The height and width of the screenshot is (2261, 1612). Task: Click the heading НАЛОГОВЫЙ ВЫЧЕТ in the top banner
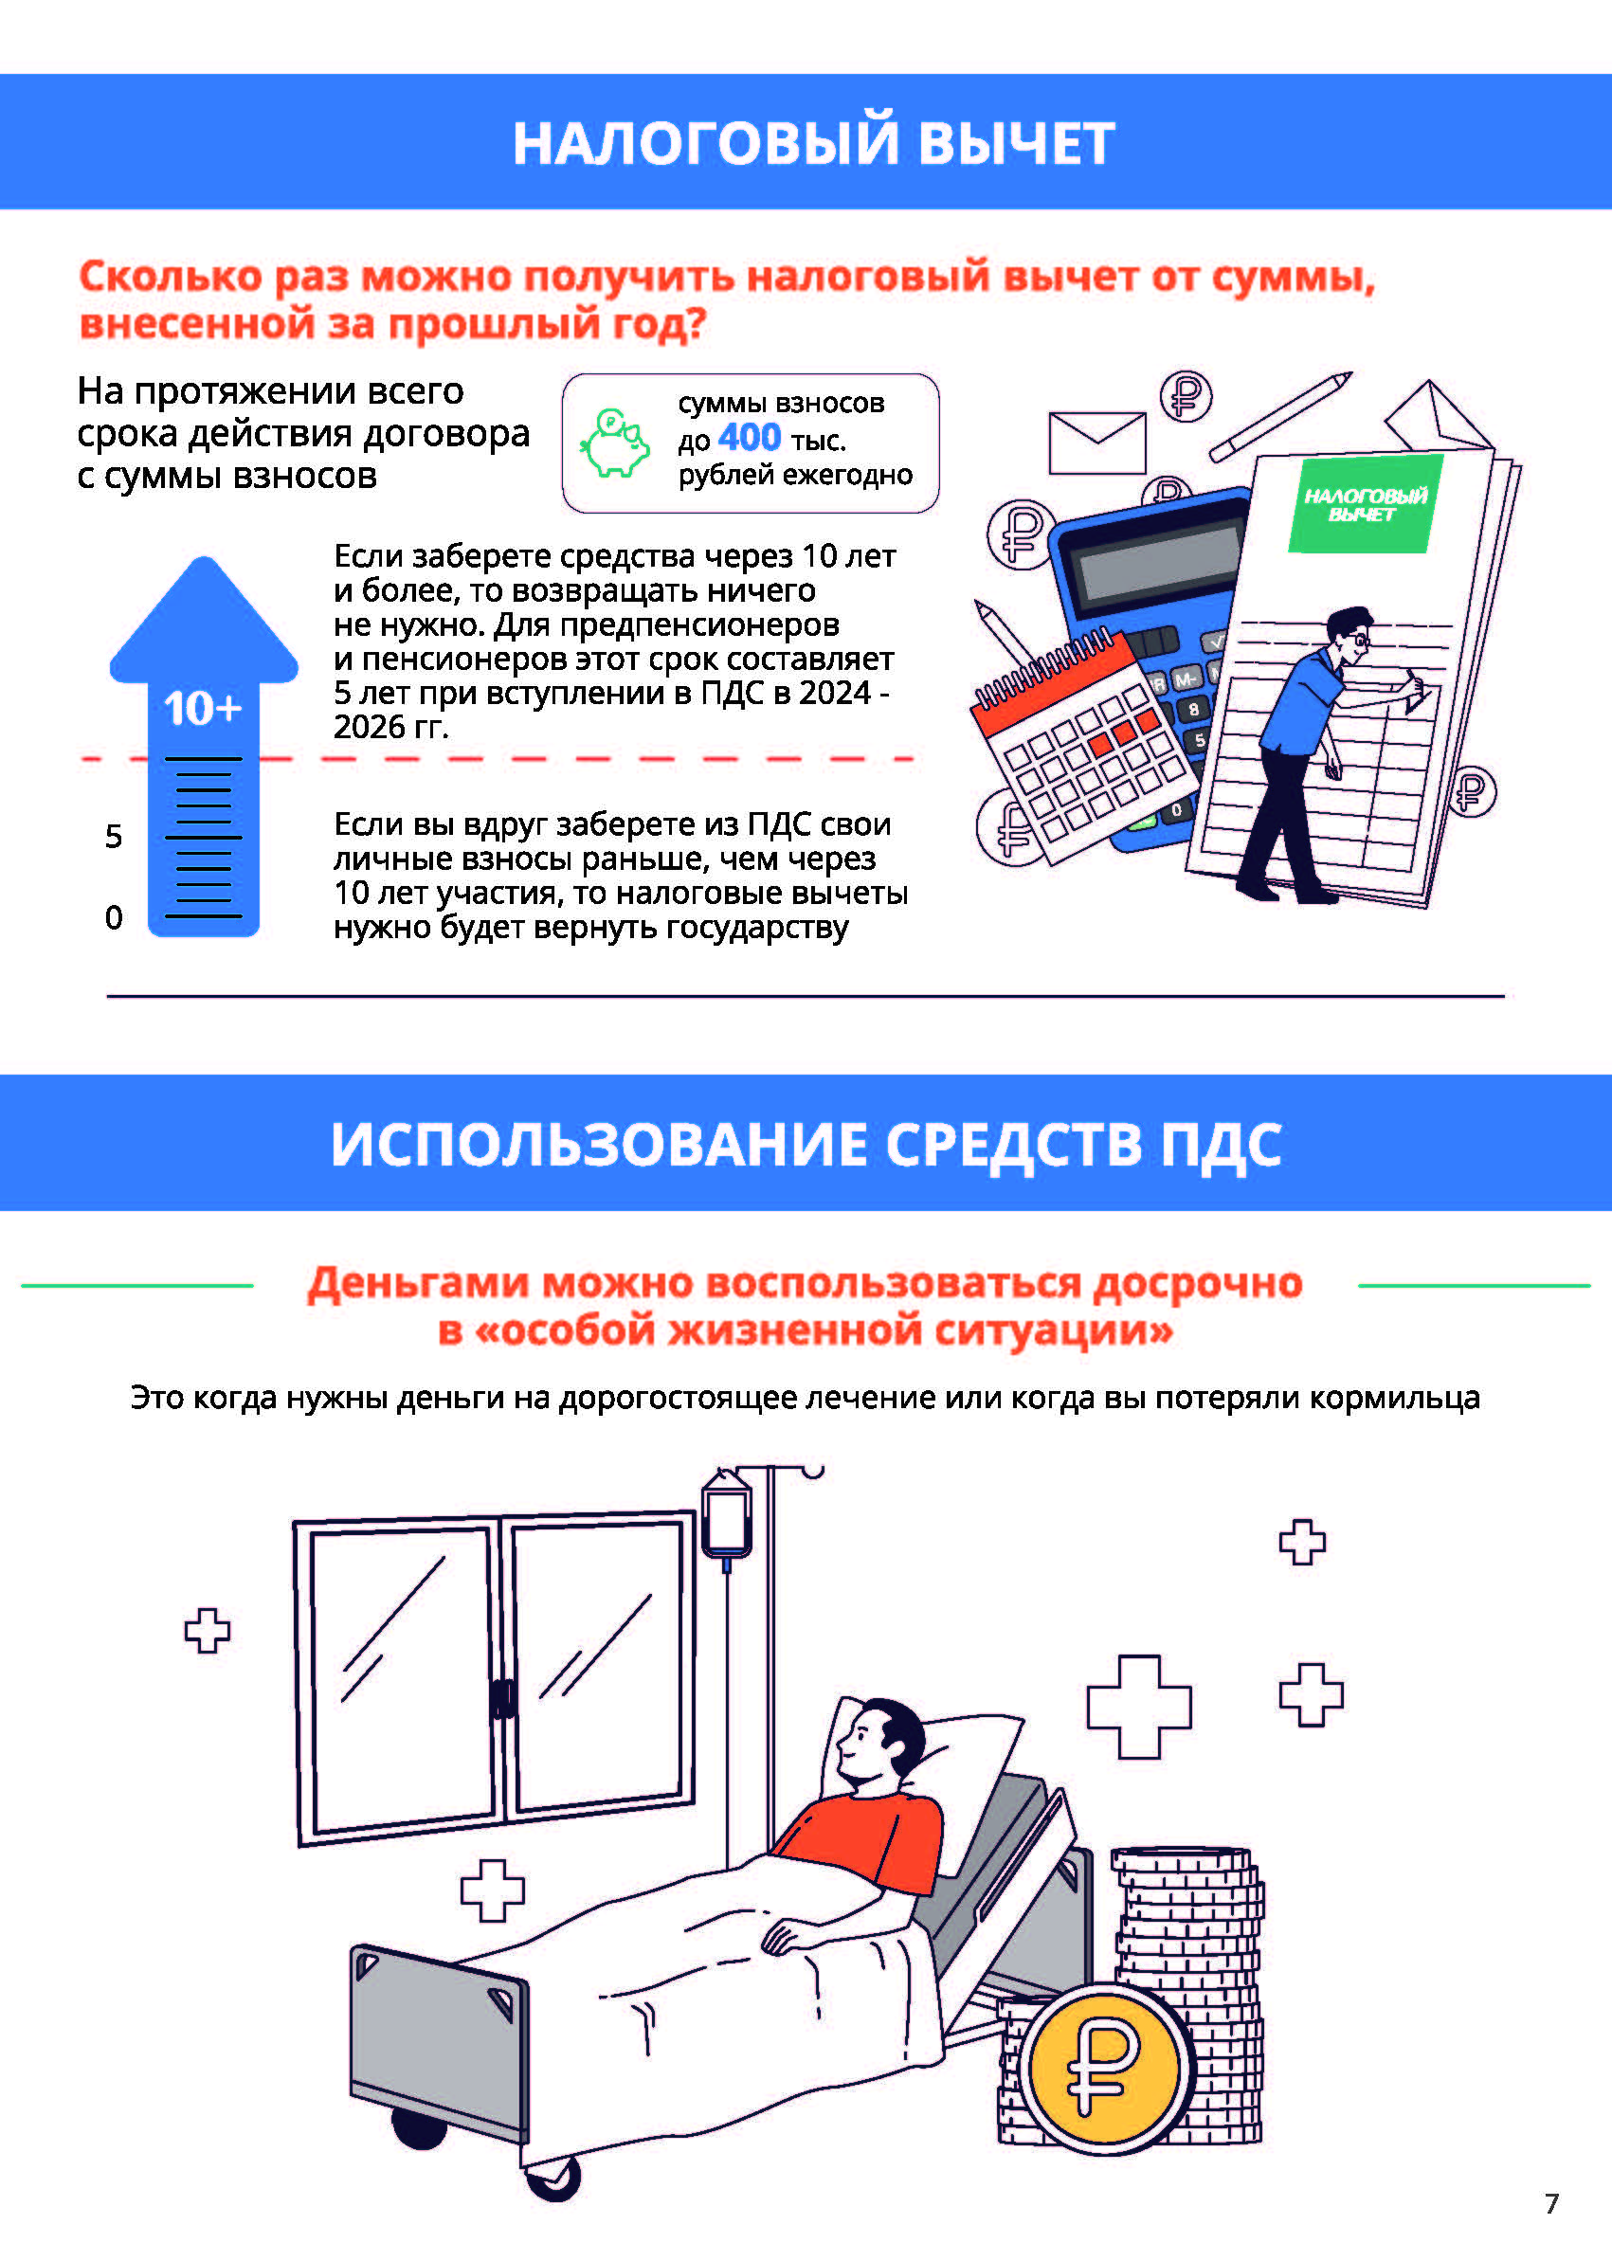click(x=813, y=142)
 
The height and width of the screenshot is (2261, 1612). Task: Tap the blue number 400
click(x=750, y=438)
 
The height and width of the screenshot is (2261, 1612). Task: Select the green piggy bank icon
click(x=614, y=443)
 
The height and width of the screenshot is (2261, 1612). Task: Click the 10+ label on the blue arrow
click(x=203, y=709)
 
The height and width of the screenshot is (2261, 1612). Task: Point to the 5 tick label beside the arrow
click(x=114, y=837)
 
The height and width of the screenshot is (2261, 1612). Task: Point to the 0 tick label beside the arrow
click(x=114, y=918)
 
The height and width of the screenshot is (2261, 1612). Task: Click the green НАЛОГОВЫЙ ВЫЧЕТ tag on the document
click(x=1365, y=504)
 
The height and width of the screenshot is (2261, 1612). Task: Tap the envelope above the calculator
click(x=1096, y=443)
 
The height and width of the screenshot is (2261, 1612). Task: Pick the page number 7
click(x=1551, y=2203)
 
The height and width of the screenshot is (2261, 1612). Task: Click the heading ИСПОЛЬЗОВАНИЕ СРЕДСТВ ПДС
click(x=806, y=1144)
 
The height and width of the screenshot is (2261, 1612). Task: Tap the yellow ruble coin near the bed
click(x=1106, y=2070)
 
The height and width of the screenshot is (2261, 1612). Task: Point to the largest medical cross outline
click(x=1138, y=1708)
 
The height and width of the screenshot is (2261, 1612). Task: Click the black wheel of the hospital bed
click(x=420, y=2126)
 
